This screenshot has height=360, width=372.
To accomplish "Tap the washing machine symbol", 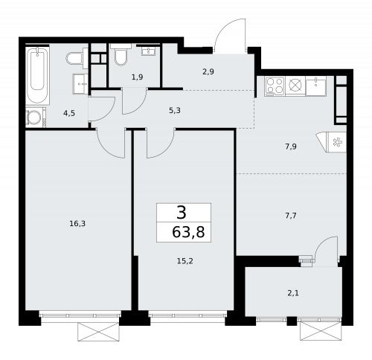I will click(34, 118).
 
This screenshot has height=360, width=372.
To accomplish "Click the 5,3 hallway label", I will click(174, 110).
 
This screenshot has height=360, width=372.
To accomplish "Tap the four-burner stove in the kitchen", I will click(275, 86).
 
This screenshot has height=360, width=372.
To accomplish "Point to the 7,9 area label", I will click(291, 147).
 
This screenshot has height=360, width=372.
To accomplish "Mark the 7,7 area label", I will click(291, 215).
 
